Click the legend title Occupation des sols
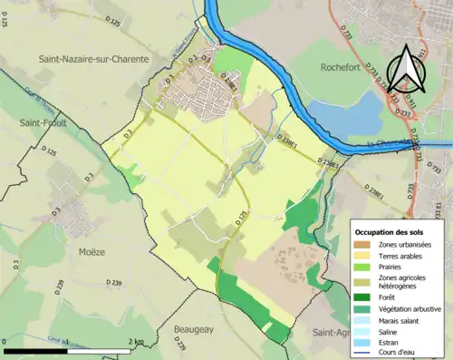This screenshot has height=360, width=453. click(x=392, y=230)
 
